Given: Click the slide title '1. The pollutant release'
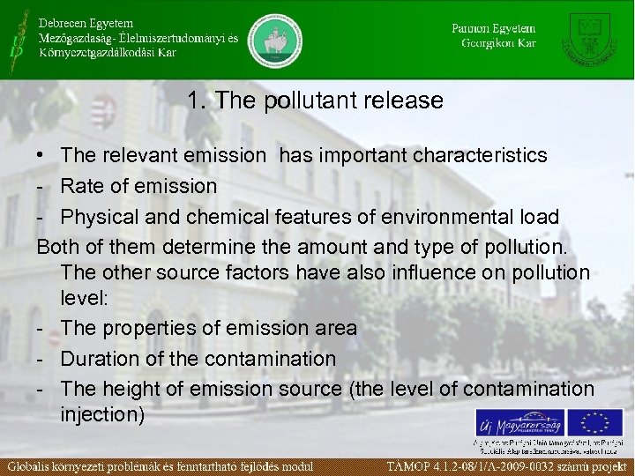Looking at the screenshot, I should click(x=315, y=101).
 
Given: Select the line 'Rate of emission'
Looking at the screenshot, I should click(x=138, y=186).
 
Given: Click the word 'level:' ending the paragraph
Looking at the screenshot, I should click(x=85, y=299).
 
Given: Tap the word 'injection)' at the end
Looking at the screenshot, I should click(x=102, y=413).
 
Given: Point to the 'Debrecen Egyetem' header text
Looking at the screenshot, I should click(x=85, y=22).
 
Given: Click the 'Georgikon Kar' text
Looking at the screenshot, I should click(x=497, y=42).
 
